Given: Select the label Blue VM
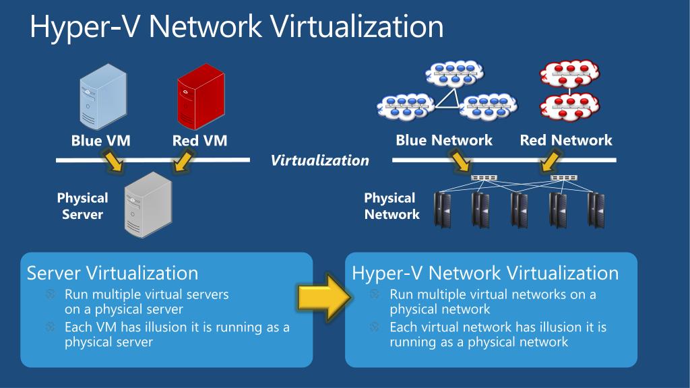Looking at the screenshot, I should [x=100, y=141].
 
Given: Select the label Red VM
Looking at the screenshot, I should [x=199, y=141].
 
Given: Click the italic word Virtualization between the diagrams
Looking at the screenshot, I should [x=319, y=160].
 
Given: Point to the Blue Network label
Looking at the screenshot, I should [x=444, y=140].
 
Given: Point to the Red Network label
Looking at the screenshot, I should [x=566, y=140].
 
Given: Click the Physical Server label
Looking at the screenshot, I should [x=82, y=206].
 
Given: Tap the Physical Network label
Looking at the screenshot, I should [x=391, y=206].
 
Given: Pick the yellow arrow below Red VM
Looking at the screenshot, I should [x=184, y=161].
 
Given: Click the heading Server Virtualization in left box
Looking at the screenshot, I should [x=112, y=273].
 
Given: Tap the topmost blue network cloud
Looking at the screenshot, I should [x=455, y=73].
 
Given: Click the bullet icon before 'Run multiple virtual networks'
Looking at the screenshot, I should [x=375, y=294].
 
